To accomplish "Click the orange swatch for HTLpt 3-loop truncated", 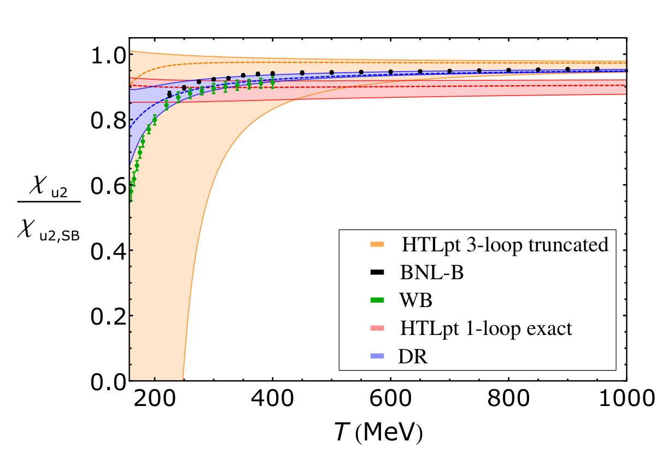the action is [377, 244].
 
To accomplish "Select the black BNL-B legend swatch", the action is [377, 272].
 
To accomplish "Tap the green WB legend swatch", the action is [377, 300].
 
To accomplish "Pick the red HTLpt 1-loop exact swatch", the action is [377, 328].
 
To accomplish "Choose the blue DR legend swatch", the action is [377, 356].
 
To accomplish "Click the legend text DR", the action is [413, 356].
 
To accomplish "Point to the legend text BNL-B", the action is [432, 273].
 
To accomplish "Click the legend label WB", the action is [415, 301].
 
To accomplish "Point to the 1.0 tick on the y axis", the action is [108, 56].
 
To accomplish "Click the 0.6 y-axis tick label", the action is [108, 186].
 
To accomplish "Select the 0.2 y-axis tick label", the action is [108, 317].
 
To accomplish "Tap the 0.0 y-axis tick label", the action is [108, 382].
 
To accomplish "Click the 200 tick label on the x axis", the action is [155, 399].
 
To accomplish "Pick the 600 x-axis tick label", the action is [390, 399].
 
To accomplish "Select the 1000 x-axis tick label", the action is [626, 399].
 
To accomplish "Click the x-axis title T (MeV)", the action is [379, 432].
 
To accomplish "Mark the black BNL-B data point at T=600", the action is [391, 72].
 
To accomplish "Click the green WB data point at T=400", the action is [273, 83].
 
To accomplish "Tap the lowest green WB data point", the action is [131, 191].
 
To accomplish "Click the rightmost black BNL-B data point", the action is [597, 69].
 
